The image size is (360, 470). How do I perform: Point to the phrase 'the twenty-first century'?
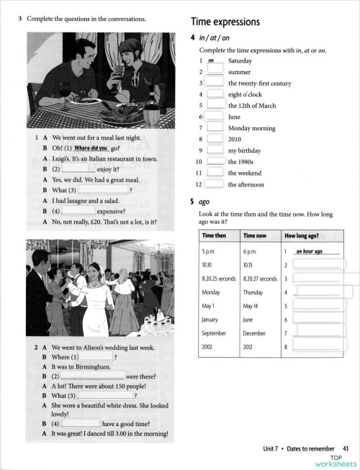261,83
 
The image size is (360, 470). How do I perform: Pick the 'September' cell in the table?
217,333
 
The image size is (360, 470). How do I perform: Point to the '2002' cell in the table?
210,347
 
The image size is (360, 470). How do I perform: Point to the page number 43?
345,450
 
